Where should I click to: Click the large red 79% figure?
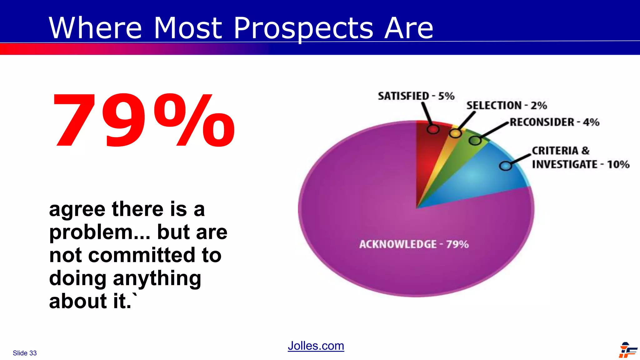coord(144,120)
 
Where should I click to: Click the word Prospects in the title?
coord(303,29)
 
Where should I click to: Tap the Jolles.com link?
coord(316,346)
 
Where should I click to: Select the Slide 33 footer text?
coord(25,353)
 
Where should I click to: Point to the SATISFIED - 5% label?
coord(416,96)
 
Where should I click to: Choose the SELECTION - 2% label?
coord(507,106)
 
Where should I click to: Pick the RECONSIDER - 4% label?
coord(554,122)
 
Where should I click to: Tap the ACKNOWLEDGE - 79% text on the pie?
coord(414,244)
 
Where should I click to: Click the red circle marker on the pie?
coord(433,129)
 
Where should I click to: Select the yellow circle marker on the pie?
coord(455,134)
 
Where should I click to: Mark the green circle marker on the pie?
coord(475,141)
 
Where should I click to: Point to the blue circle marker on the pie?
coord(505,166)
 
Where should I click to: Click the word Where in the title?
coord(95,29)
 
